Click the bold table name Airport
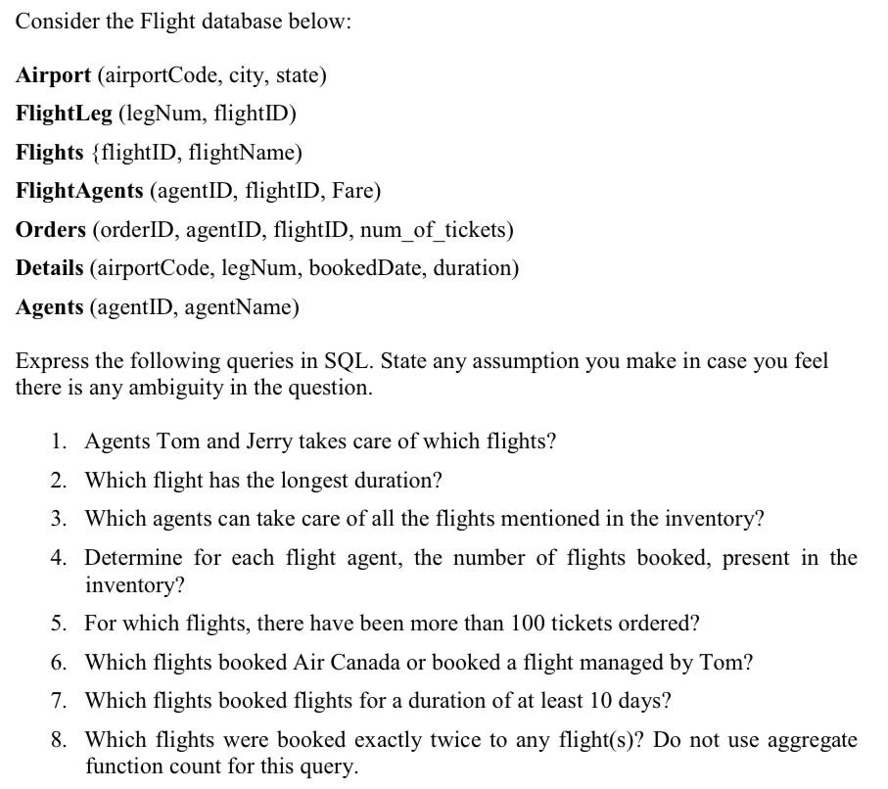tap(53, 75)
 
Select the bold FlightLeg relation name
tap(64, 114)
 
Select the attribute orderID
tap(133, 230)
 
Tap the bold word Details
tap(49, 268)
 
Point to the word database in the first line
tap(274, 22)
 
